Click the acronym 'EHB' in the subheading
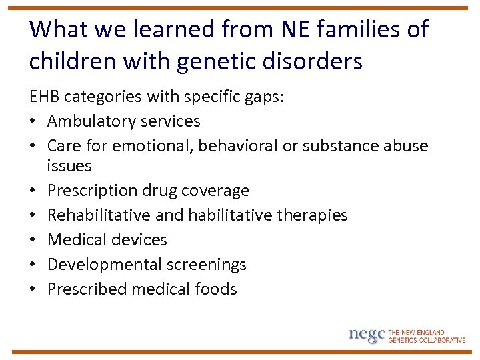[x=43, y=97]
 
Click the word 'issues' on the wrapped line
[x=69, y=165]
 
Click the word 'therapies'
[x=311, y=215]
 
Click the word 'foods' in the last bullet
[x=215, y=289]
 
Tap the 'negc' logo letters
[x=367, y=334]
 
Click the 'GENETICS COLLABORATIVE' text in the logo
[x=427, y=340]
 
